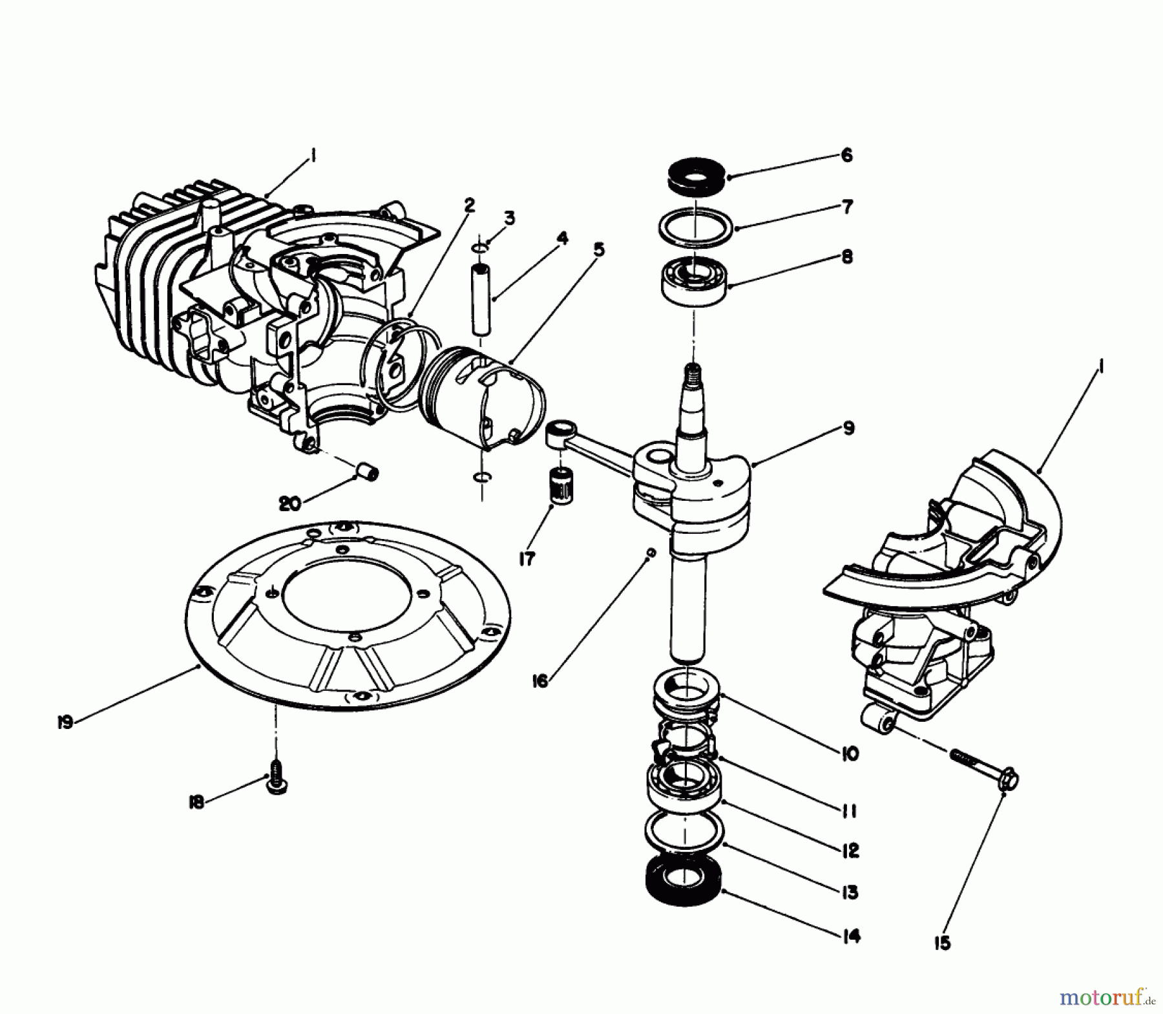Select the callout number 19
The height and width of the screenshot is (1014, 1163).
point(65,722)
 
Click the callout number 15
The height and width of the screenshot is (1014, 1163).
point(943,943)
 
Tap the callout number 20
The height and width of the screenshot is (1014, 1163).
point(289,502)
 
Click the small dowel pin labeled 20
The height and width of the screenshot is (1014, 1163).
point(367,472)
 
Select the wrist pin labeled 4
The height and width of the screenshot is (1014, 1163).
point(480,298)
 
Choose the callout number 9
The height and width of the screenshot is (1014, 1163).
point(848,428)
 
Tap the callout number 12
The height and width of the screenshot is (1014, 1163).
point(851,850)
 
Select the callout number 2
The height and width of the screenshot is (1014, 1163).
point(469,205)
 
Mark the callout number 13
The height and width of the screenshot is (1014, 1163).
point(850,892)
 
